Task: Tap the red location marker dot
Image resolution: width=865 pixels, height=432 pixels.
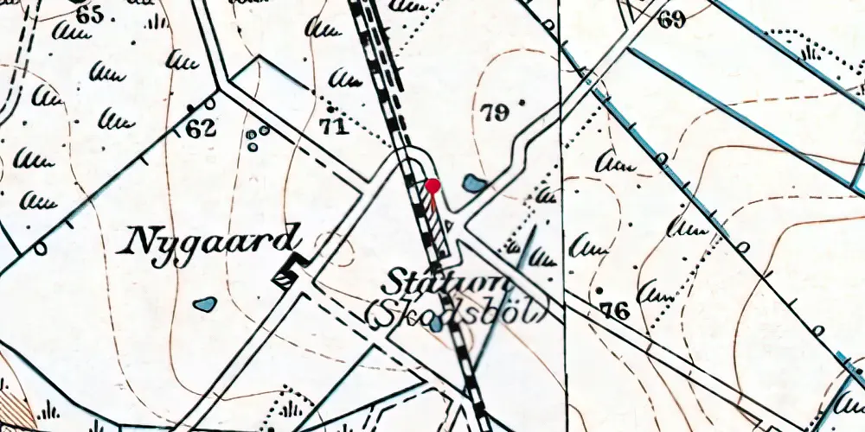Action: pyautogui.click(x=432, y=186)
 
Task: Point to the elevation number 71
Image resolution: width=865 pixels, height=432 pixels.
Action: pyautogui.click(x=333, y=128)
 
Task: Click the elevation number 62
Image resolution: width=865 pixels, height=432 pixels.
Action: pyautogui.click(x=200, y=130)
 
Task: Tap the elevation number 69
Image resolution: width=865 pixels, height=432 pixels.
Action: pyautogui.click(x=670, y=19)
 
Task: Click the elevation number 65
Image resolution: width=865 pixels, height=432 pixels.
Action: pyautogui.click(x=88, y=15)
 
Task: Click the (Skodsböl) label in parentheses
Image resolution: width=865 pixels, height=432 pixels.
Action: pyautogui.click(x=457, y=314)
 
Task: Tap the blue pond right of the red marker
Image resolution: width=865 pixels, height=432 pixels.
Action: pyautogui.click(x=473, y=183)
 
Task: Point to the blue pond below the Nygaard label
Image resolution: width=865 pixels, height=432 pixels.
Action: pyautogui.click(x=205, y=304)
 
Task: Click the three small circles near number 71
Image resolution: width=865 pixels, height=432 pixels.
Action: pyautogui.click(x=257, y=137)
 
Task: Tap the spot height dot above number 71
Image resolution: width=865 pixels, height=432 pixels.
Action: pyautogui.click(x=330, y=111)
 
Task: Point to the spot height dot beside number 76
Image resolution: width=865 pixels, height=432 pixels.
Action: pyautogui.click(x=598, y=290)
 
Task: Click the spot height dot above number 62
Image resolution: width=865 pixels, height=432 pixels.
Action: pyautogui.click(x=190, y=108)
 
